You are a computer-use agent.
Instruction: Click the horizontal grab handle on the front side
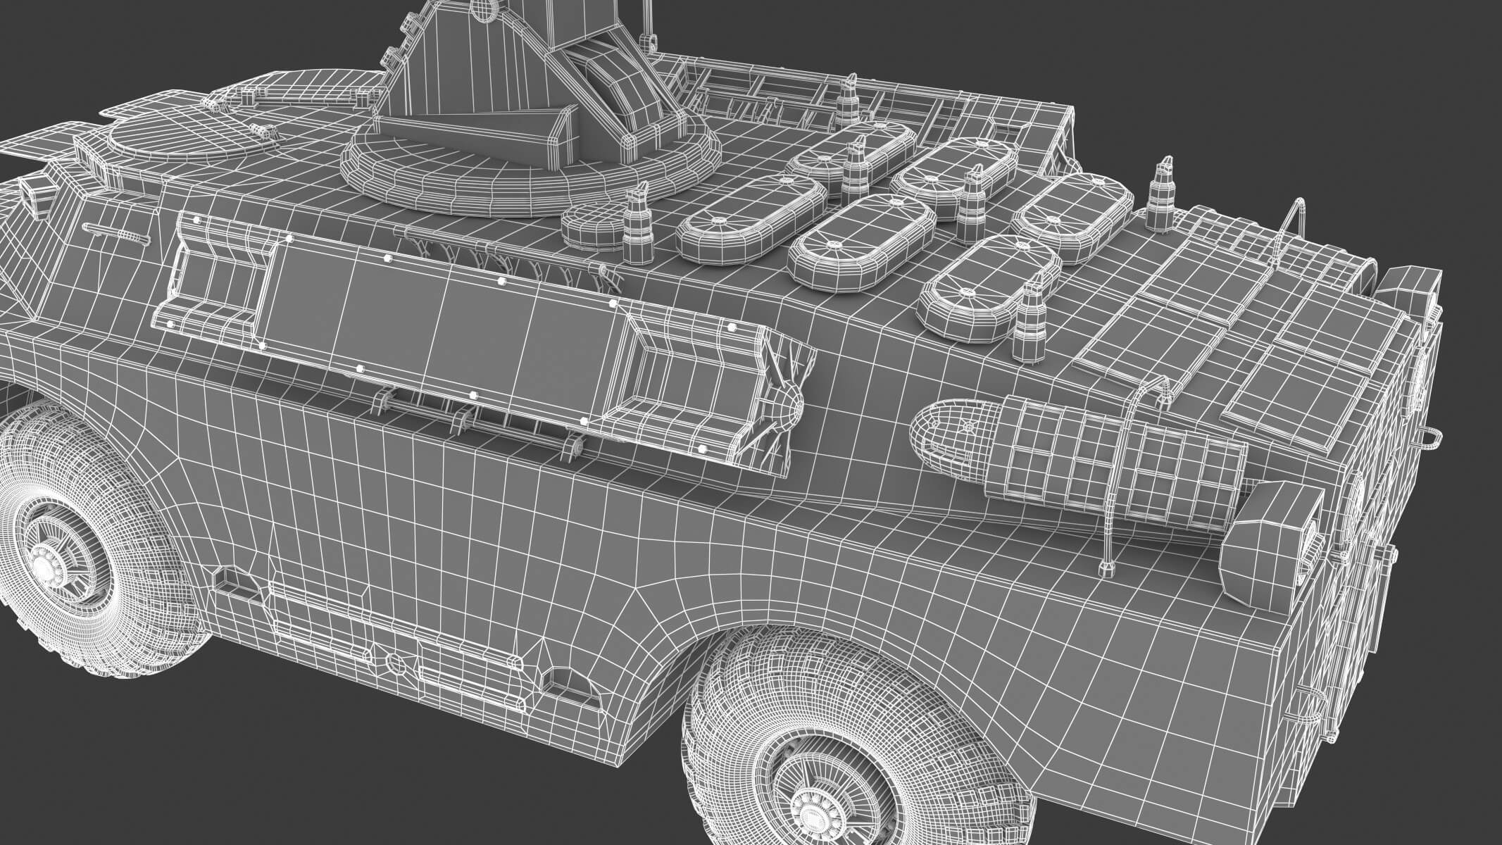tap(116, 232)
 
